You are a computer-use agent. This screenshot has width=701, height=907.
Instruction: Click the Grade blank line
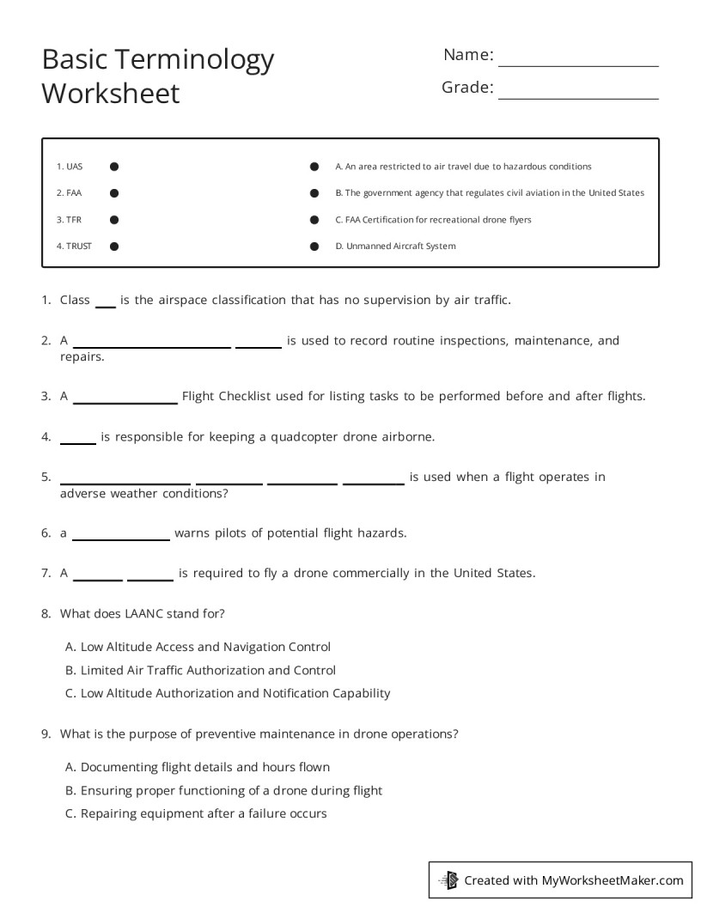pyautogui.click(x=578, y=97)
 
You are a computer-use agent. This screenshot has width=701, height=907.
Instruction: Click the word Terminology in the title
pyautogui.click(x=195, y=59)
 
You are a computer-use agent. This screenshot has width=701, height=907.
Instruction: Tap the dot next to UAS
pyautogui.click(x=114, y=167)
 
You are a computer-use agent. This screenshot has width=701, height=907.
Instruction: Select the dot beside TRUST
pyautogui.click(x=114, y=247)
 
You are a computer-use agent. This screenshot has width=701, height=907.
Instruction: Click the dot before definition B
pyautogui.click(x=314, y=193)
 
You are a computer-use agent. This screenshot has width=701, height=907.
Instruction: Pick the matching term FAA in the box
pyautogui.click(x=74, y=193)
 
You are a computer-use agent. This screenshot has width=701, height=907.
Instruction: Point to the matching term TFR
pyautogui.click(x=74, y=220)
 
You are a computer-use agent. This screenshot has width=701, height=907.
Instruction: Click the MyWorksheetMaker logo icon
pyautogui.click(x=448, y=880)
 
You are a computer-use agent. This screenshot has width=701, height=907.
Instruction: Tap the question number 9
pyautogui.click(x=46, y=734)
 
